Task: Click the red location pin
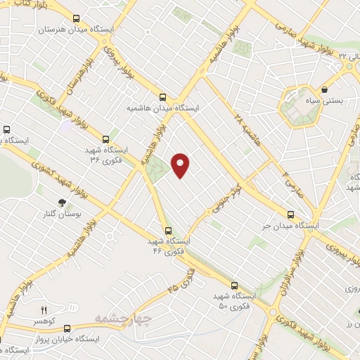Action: coord(181,165)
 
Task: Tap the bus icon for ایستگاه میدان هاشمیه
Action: coord(163,98)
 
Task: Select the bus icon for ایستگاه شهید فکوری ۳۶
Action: coord(106,139)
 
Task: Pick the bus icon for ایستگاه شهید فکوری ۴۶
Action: coord(168,230)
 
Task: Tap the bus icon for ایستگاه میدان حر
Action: coord(290,215)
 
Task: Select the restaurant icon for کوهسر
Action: coord(44,309)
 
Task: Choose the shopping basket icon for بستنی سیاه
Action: coord(325,89)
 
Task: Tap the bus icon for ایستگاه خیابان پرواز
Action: coord(67,328)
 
